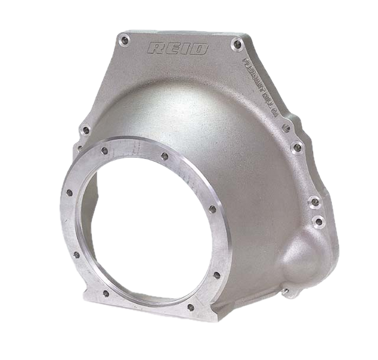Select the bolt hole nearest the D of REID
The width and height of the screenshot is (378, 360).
point(236,43)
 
